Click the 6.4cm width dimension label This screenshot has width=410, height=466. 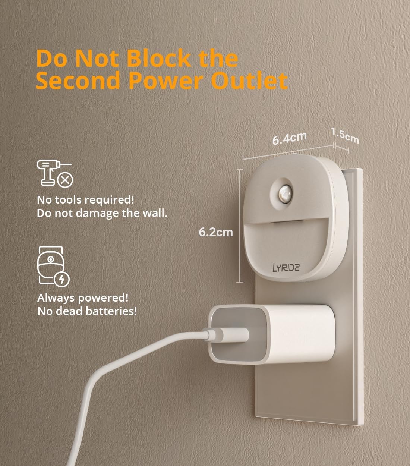tap(289, 138)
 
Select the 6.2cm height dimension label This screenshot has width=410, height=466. tap(215, 232)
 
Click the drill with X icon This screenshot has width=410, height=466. tap(54, 173)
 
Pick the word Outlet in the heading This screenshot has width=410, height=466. tap(252, 81)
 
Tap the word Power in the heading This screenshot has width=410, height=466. tap(166, 81)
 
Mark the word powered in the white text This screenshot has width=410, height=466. tap(106, 298)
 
